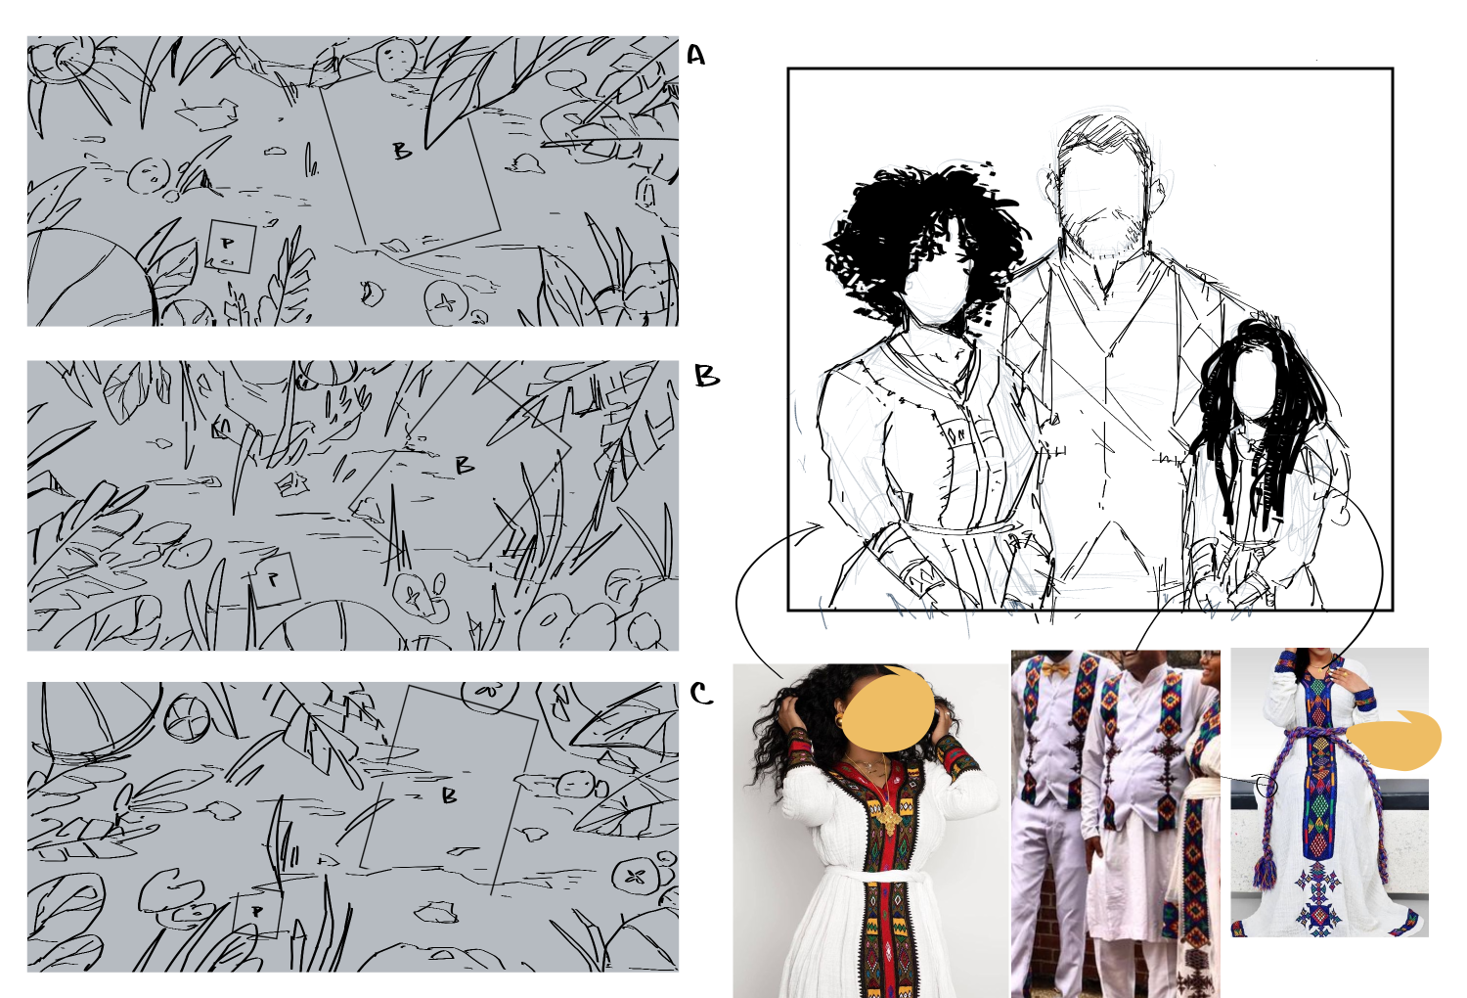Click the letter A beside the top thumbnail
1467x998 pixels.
pos(695,55)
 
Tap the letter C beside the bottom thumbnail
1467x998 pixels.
pos(701,694)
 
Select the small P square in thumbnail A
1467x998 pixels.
pos(231,247)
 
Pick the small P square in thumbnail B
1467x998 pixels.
pos(275,579)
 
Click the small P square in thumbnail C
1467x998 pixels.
pos(257,913)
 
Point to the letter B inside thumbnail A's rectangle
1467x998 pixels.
pos(402,152)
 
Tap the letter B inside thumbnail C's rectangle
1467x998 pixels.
pos(449,795)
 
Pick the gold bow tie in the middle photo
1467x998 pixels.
pos(1055,669)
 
